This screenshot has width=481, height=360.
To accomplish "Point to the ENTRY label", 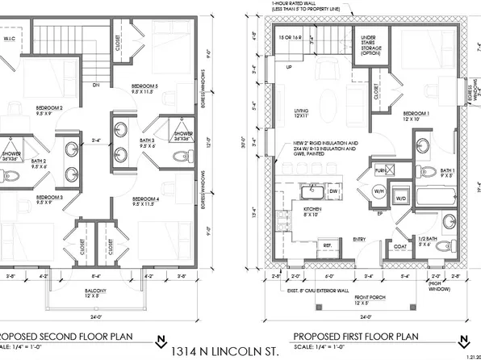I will tap(359, 238).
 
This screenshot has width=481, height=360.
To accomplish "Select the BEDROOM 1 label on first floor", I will tap(415, 115).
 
